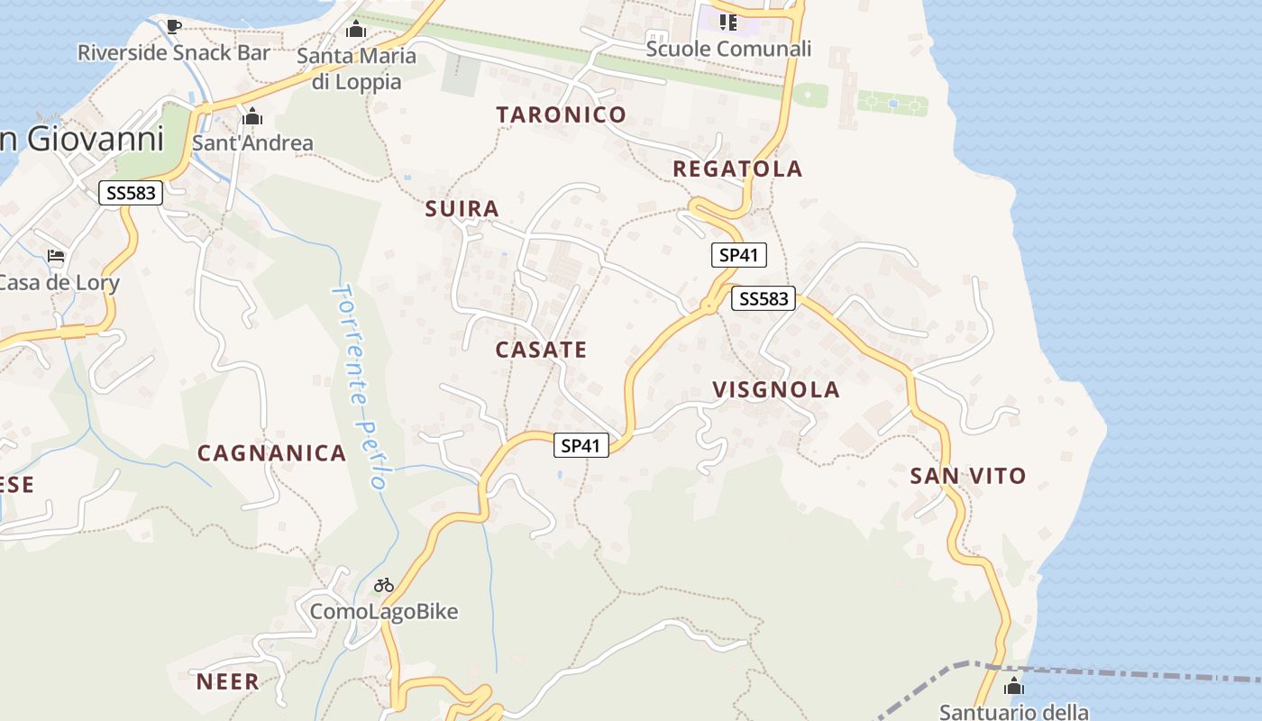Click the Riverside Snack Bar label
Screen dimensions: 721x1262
(174, 52)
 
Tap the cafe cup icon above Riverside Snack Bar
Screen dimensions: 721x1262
(174, 26)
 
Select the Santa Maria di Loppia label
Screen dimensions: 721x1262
(357, 68)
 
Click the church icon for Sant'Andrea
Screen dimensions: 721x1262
(252, 117)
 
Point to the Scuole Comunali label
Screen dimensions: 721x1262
(728, 49)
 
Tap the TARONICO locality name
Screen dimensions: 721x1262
(561, 114)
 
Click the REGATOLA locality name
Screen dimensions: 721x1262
(737, 169)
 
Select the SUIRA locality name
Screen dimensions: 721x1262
(462, 209)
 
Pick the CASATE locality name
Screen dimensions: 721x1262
(541, 350)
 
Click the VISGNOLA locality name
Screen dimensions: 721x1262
(776, 389)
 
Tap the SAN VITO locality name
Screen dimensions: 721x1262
(968, 476)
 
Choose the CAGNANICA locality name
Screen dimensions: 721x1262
(271, 453)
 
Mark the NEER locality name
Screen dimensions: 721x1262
(228, 681)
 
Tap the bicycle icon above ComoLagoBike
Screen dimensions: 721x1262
(384, 585)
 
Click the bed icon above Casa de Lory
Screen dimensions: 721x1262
(56, 257)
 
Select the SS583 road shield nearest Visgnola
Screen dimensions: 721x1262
(763, 298)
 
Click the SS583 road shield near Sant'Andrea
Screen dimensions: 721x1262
(130, 192)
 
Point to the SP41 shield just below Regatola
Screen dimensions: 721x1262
(738, 255)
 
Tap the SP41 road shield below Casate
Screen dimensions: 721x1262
(581, 444)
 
